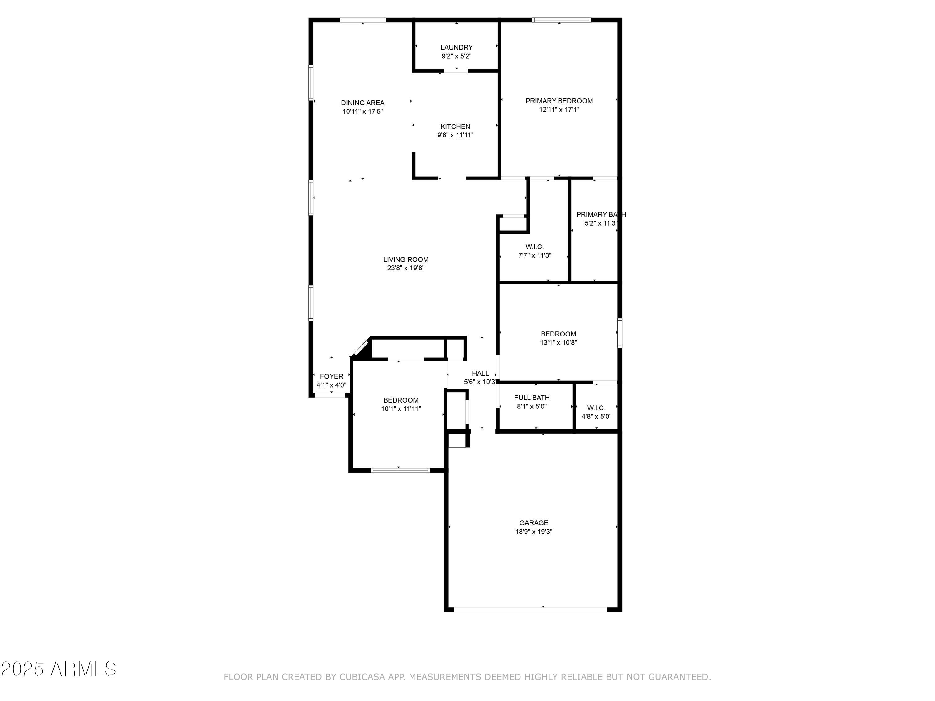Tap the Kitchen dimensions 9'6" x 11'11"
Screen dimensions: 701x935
455,135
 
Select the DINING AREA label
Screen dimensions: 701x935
363,103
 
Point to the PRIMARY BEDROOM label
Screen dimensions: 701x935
559,101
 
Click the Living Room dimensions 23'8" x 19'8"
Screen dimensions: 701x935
405,268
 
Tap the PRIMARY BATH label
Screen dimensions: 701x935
601,214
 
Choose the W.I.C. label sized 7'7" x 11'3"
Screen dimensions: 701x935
535,246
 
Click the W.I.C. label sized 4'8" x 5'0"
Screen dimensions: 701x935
596,408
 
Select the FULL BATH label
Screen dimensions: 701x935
532,398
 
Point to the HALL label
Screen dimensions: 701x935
480,373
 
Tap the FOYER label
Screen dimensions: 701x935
331,376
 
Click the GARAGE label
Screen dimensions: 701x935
534,523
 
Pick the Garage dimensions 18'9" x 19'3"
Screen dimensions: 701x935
534,532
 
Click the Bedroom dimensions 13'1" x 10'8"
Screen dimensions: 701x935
559,343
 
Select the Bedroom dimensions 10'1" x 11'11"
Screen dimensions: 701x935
401,408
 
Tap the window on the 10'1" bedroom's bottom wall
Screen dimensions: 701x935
400,470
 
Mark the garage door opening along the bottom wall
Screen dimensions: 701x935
530,609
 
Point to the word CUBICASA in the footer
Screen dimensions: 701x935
362,677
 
